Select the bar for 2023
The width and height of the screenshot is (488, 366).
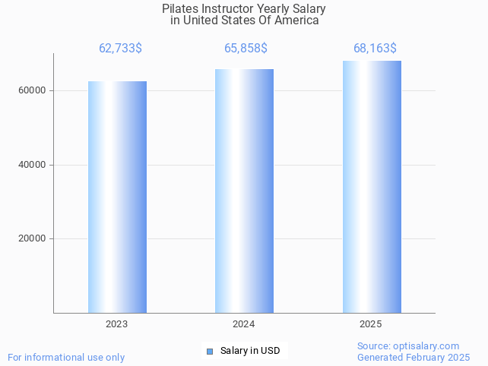(x=117, y=197)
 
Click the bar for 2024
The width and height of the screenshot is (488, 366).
(x=244, y=191)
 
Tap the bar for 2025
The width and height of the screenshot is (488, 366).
(x=372, y=187)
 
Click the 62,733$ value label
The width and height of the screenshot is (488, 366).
(x=120, y=49)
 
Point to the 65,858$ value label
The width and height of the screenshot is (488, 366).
(x=246, y=49)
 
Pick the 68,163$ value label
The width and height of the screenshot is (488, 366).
(x=375, y=49)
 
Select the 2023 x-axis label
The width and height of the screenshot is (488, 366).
(x=117, y=324)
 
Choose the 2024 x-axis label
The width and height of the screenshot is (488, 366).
(x=244, y=324)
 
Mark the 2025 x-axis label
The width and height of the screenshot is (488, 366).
(x=371, y=324)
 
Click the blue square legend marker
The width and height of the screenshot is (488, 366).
(x=210, y=351)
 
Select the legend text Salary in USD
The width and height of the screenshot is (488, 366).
(x=250, y=351)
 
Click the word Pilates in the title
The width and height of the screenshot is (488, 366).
(x=181, y=8)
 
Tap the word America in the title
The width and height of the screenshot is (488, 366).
(x=297, y=21)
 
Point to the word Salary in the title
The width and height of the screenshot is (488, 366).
(x=308, y=8)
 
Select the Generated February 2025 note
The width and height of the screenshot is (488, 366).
(x=414, y=357)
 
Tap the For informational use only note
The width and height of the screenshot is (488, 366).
(x=66, y=357)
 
